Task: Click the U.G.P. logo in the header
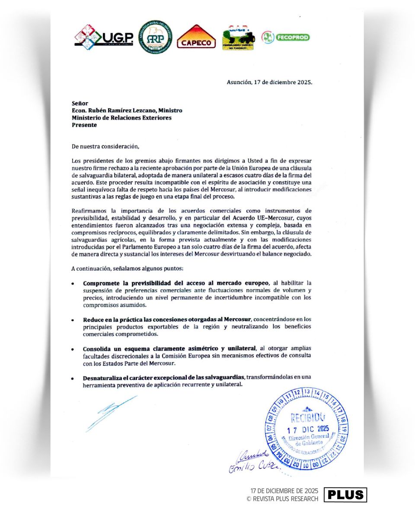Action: (104, 37)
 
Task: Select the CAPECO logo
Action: (196, 37)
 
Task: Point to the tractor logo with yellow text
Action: (238, 38)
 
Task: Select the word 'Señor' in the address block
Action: (80, 104)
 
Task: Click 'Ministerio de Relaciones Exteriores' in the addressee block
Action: (121, 118)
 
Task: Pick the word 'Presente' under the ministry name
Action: (84, 125)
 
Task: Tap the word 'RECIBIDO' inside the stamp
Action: (308, 417)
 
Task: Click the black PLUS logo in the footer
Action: (345, 495)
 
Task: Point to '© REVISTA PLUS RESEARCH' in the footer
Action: (282, 499)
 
